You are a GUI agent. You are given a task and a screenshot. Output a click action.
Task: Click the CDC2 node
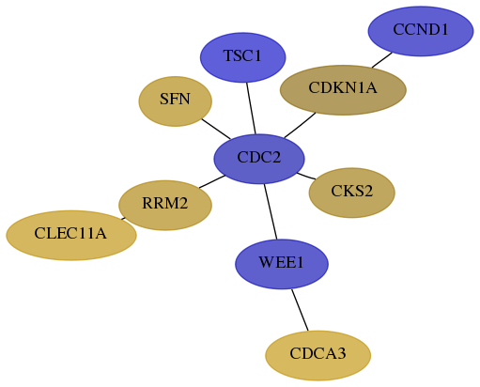tap(259, 159)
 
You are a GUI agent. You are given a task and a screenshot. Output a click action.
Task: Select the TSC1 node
tap(243, 57)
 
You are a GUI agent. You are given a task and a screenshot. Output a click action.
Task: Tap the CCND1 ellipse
tap(421, 31)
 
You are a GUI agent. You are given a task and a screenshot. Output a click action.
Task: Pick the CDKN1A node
tap(343, 90)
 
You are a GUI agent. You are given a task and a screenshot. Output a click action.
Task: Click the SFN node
tap(176, 101)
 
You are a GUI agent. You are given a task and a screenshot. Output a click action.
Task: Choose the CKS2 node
tap(352, 193)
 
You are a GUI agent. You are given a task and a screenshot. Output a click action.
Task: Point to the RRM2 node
tap(165, 206)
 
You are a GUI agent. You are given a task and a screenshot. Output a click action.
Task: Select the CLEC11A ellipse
tap(71, 236)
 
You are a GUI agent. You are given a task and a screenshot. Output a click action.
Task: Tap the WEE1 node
tap(282, 264)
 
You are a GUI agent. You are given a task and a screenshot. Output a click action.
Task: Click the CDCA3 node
tap(318, 356)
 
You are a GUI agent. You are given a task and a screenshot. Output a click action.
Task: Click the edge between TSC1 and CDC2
tap(251, 108)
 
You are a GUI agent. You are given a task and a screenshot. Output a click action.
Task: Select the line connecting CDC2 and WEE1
tap(271, 211)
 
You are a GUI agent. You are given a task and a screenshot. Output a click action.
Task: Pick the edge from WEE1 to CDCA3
tap(300, 310)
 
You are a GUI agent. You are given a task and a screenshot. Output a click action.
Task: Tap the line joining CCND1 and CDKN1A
tap(382, 60)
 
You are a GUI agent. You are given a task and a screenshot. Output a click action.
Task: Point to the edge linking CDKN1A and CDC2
tap(300, 125)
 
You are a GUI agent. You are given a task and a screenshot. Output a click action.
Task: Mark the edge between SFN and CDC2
tap(216, 129)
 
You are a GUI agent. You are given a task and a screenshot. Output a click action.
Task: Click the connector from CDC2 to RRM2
tap(212, 182)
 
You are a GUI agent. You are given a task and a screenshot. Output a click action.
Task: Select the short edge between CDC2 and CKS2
tap(306, 176)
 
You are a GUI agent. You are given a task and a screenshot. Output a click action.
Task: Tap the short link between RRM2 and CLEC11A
tap(123, 219)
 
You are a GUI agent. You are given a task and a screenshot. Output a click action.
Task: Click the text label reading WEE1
tap(281, 262)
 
